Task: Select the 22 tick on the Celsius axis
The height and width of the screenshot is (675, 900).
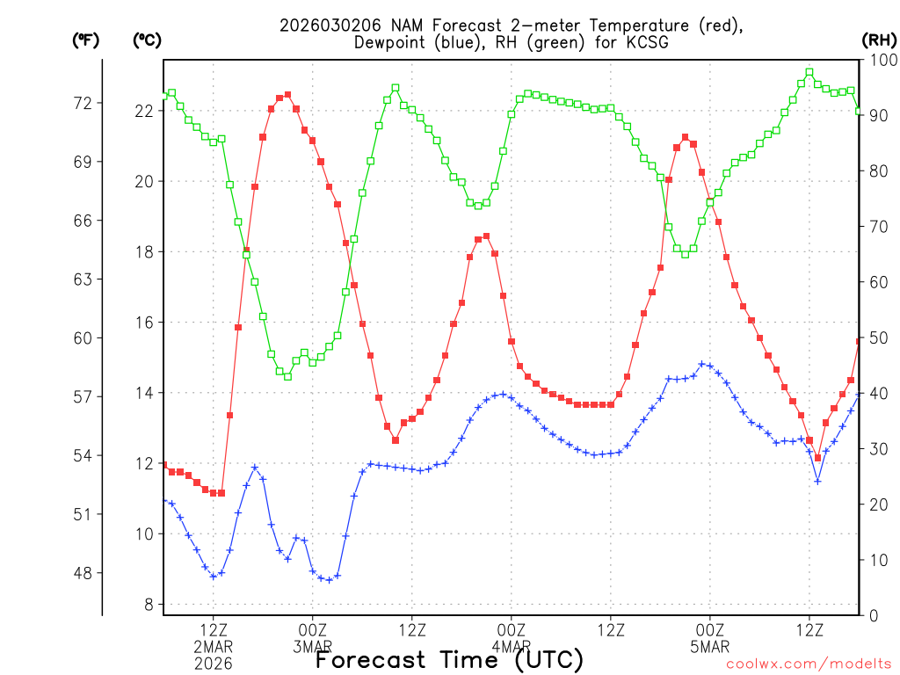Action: click(142, 111)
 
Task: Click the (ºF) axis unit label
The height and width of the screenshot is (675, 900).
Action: click(85, 40)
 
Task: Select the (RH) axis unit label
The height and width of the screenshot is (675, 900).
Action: click(878, 40)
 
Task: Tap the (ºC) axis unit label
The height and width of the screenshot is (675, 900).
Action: click(147, 40)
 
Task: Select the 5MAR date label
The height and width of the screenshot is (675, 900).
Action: click(710, 648)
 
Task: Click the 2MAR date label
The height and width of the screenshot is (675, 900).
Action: click(214, 648)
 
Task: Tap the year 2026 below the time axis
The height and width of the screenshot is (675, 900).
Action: click(214, 664)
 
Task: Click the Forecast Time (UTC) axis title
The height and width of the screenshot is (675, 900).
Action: click(449, 660)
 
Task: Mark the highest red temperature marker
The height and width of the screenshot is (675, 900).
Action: click(287, 95)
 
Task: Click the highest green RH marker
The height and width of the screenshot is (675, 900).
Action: click(809, 73)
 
